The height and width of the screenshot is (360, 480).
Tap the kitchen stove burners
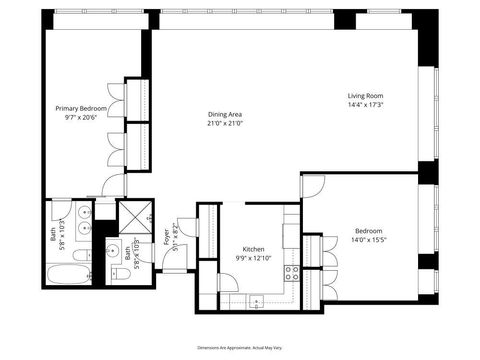coord(292,271)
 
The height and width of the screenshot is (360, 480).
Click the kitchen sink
coord(257,298)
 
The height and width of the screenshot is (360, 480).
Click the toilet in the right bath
coord(131,267)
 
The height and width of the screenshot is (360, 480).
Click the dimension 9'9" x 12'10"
coord(254,259)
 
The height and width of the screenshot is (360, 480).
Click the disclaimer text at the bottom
coord(240,344)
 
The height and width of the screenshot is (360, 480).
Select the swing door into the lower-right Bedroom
coord(313,186)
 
